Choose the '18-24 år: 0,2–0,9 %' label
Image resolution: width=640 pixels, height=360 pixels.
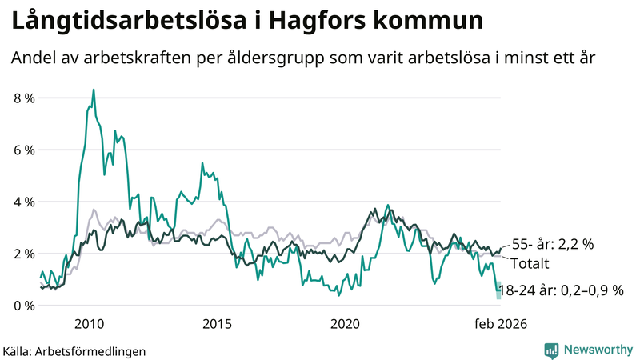(560, 290)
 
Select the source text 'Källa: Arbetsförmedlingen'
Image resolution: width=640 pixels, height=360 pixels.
(74, 350)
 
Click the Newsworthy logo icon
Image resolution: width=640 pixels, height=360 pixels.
(551, 350)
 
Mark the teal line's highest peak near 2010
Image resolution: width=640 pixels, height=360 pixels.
(94, 90)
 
